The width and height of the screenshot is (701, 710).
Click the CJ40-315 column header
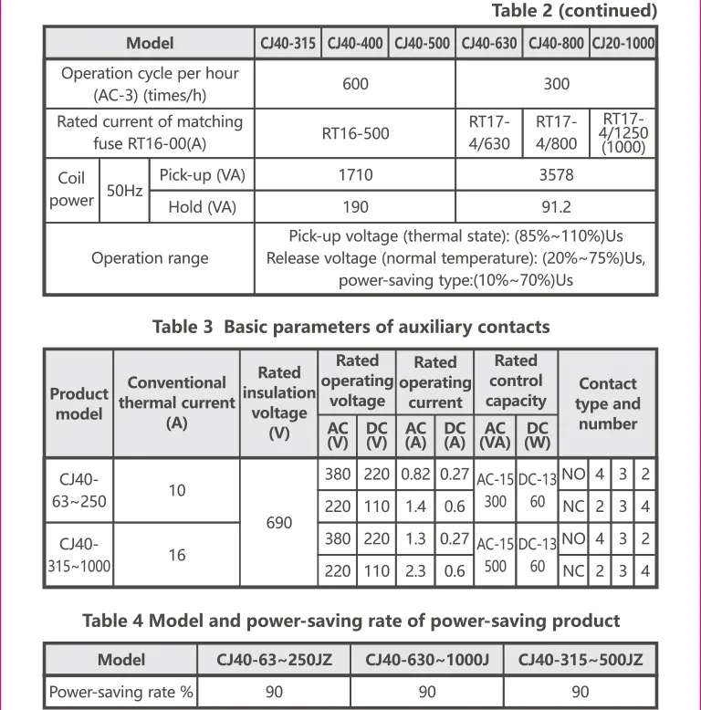(x=288, y=44)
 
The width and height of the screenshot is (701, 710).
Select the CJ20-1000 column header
(x=623, y=44)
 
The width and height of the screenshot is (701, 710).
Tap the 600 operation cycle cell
(x=355, y=84)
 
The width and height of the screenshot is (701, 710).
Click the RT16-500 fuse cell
(x=355, y=133)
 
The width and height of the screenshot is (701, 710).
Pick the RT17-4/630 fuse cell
(x=489, y=133)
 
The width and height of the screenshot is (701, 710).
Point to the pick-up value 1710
(x=355, y=174)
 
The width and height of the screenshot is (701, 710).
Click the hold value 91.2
(x=555, y=207)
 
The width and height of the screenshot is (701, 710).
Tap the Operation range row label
(x=150, y=258)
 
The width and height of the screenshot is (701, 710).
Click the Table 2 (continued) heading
(x=574, y=11)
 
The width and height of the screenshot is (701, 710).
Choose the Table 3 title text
(x=350, y=327)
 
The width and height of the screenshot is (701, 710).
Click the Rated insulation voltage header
(x=279, y=402)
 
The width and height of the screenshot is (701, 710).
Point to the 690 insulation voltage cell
(x=279, y=523)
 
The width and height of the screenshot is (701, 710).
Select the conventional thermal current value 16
(x=176, y=555)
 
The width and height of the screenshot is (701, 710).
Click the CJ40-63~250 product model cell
(x=79, y=490)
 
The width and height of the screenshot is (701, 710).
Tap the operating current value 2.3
(x=415, y=571)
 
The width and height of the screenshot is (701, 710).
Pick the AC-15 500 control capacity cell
(x=496, y=555)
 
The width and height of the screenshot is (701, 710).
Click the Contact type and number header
(x=607, y=403)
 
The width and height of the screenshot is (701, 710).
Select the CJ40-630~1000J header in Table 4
(x=427, y=660)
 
